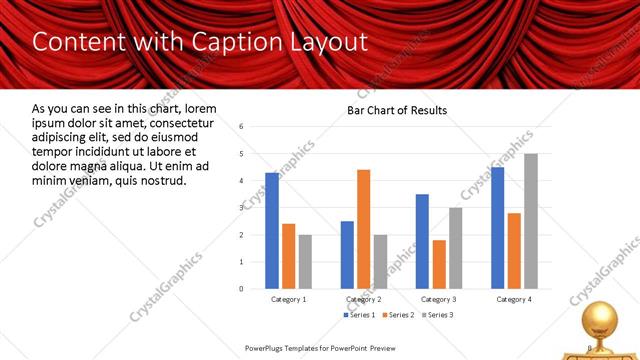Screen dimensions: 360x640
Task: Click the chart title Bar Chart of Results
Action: tap(397, 110)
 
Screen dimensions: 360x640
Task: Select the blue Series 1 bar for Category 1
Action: tap(272, 230)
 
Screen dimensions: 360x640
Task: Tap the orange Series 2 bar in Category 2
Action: tap(363, 229)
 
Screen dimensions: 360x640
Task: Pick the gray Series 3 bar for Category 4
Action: tap(531, 221)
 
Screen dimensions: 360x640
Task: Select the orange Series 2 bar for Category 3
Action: tap(439, 264)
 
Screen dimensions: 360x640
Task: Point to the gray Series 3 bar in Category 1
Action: tap(305, 261)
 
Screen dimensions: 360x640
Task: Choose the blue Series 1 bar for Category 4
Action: tap(498, 228)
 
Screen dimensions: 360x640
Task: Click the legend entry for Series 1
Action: tap(361, 315)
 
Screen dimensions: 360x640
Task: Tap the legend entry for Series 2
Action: tap(399, 315)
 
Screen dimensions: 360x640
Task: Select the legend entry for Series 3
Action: tap(437, 315)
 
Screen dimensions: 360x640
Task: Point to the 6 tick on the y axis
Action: tap(242, 127)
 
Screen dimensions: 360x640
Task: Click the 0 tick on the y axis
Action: tap(242, 288)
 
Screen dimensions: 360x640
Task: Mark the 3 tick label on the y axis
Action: tap(242, 208)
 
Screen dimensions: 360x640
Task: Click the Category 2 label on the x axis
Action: tap(363, 300)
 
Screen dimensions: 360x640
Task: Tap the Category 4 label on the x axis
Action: tap(514, 300)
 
